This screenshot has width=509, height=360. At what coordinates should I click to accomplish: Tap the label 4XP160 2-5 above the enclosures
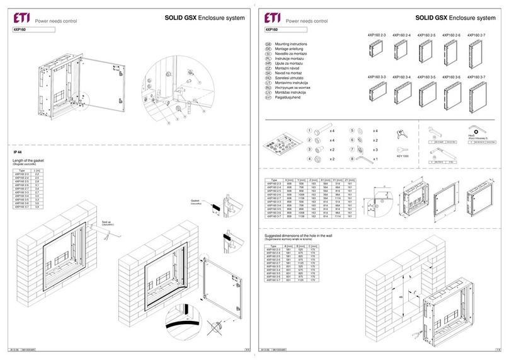tap(427, 35)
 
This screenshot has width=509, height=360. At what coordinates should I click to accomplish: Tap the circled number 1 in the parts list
tap(309, 130)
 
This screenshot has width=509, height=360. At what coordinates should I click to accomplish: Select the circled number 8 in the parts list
tap(353, 160)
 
